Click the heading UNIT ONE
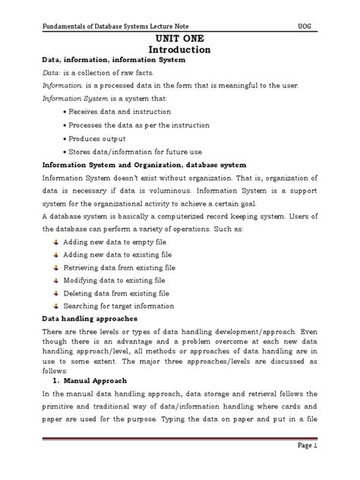pos(179,37)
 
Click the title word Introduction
pos(179,50)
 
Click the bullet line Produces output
pos(97,139)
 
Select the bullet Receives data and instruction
pos(115,112)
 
